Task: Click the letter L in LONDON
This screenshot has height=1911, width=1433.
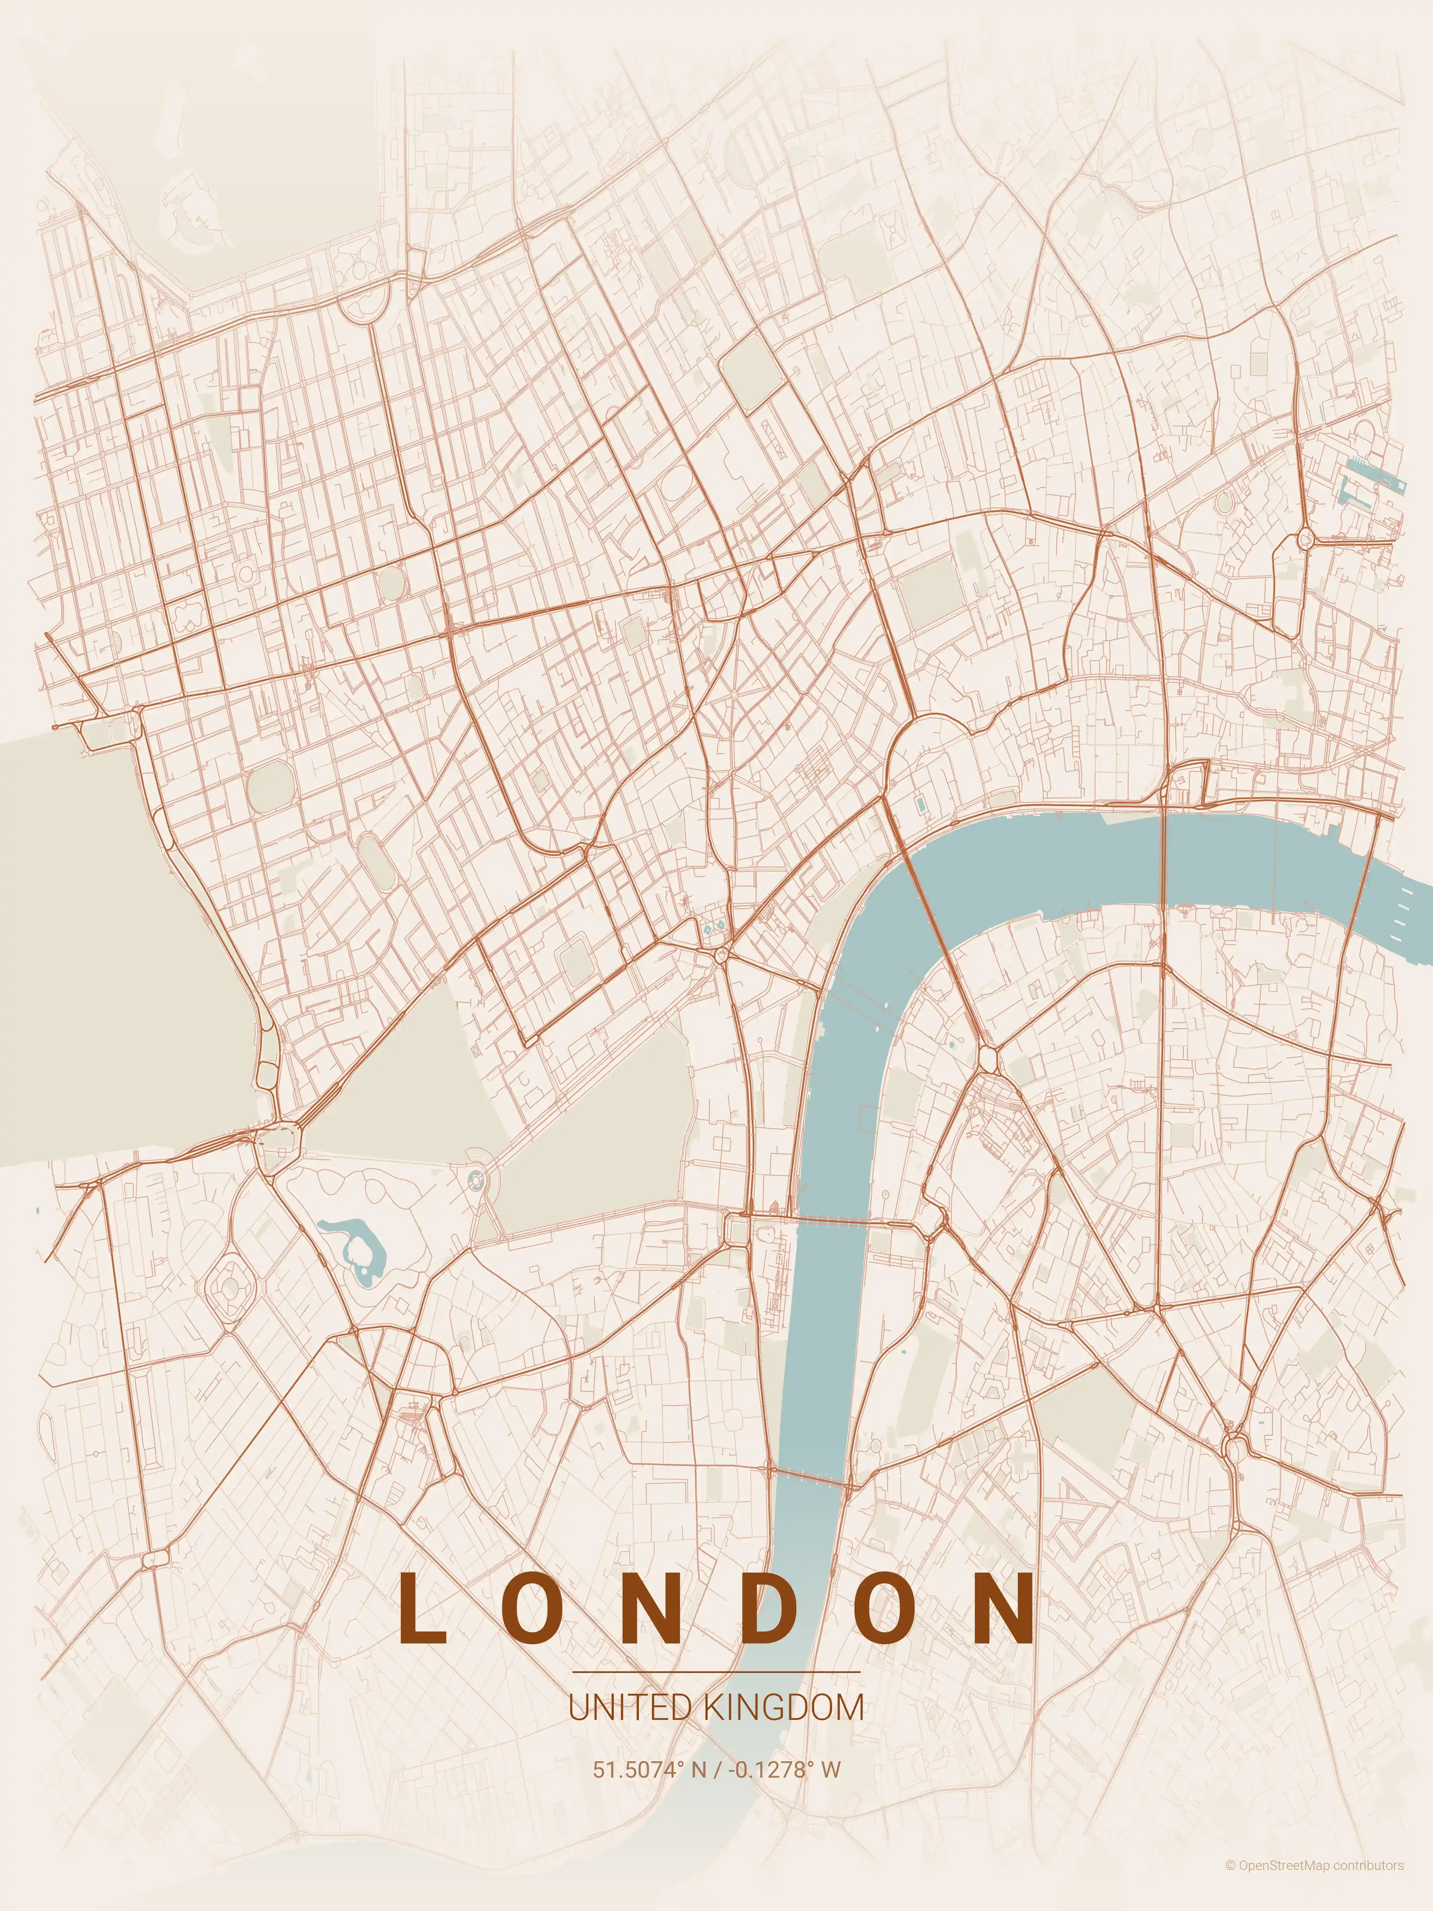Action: click(x=422, y=1607)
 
